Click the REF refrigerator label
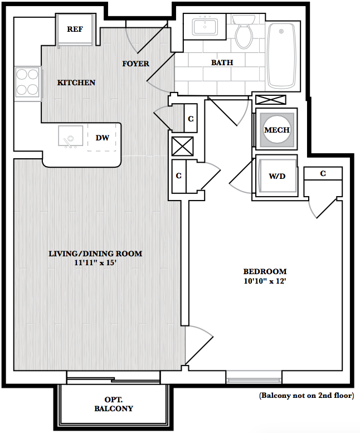(75, 29)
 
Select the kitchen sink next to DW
(71, 137)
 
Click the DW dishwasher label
(102, 138)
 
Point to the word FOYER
(135, 64)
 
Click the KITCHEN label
(76, 82)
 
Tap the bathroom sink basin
(205, 26)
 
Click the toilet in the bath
(244, 32)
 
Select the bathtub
(281, 56)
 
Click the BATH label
(222, 62)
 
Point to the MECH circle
(277, 130)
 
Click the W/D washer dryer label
(277, 176)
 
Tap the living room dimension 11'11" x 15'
(95, 262)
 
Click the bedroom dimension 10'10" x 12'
(265, 281)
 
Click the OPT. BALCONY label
(114, 404)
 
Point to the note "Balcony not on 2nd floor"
(307, 396)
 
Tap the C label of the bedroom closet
(323, 173)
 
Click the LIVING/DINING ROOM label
(95, 254)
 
